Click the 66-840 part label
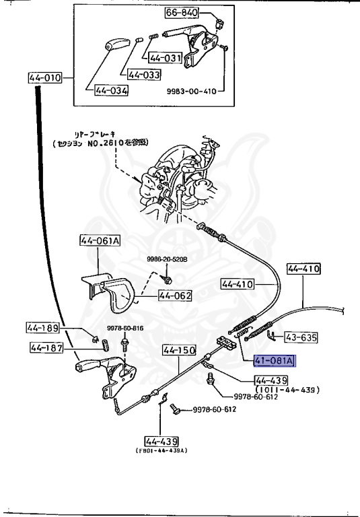(x=182, y=12)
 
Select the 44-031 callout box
(x=166, y=58)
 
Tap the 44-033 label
(x=144, y=75)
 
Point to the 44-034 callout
(x=111, y=90)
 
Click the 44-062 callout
(x=176, y=295)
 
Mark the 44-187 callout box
(x=46, y=347)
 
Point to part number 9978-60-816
(x=125, y=328)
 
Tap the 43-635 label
(x=301, y=337)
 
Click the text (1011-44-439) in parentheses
(x=287, y=389)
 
